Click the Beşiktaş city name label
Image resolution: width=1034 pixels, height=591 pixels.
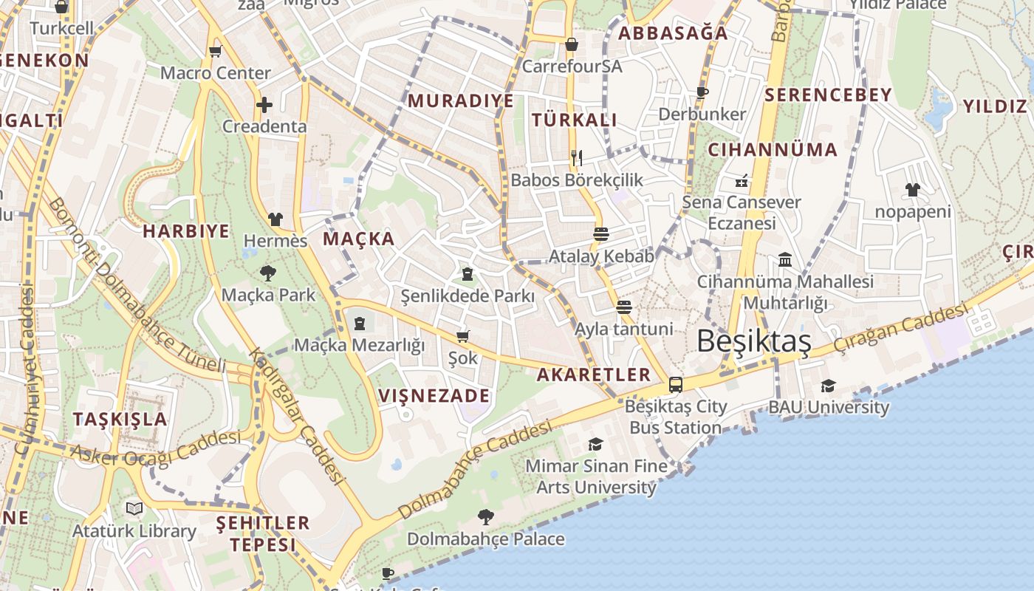coord(754,341)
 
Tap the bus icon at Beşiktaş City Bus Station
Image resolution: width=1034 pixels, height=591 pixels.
coord(675,384)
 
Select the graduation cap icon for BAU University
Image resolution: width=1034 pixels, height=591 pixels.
coord(828,386)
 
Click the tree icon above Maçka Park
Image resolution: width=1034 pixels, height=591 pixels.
coord(268,273)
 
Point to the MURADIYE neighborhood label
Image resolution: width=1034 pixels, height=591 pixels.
coord(460,101)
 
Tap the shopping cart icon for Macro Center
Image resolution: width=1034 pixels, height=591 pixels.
coord(215,51)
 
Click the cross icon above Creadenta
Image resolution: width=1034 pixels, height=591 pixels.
coord(264,105)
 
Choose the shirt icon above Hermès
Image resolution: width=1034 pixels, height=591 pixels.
coord(275,219)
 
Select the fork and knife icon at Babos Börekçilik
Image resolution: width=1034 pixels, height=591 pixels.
coord(577,157)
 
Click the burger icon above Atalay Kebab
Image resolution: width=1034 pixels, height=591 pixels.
coord(600,234)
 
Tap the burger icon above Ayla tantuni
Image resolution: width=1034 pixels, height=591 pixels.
coord(624,307)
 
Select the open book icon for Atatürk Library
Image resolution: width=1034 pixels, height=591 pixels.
coord(134,508)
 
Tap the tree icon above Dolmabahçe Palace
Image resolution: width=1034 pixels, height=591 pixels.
coord(485,516)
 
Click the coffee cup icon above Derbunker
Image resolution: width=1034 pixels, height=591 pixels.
coord(702,92)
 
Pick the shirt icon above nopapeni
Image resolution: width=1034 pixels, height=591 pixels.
coord(912,190)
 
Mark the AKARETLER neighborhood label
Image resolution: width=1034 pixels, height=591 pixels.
coord(593,375)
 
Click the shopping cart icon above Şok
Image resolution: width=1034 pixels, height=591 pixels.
coord(463,337)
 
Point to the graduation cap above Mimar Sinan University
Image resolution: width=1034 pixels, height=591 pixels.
coord(595,444)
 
